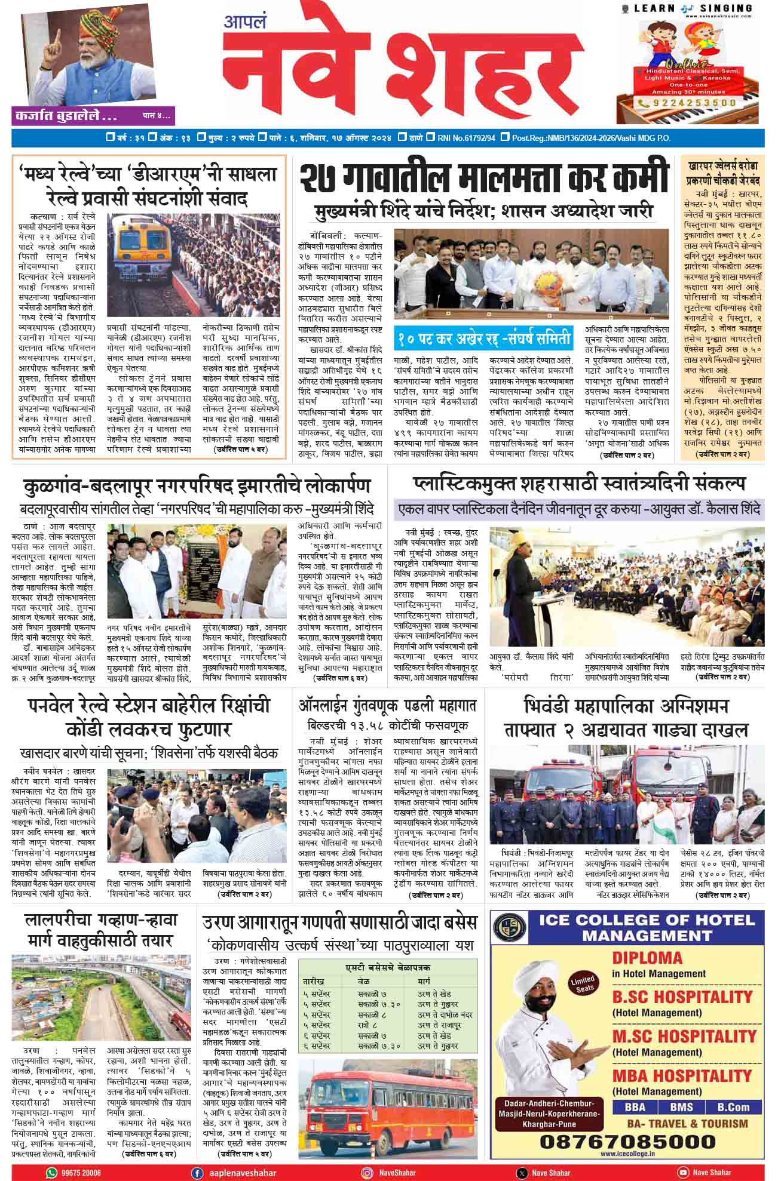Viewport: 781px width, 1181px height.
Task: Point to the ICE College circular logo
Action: (509, 927)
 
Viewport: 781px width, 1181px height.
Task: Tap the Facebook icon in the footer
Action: (197, 1172)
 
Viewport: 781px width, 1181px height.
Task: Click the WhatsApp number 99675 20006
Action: (76, 1173)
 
